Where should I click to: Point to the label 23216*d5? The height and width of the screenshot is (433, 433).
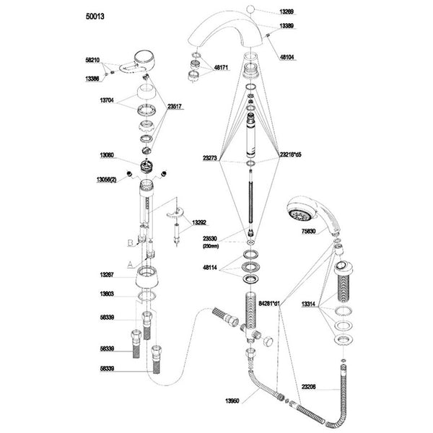pos(292,154)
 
